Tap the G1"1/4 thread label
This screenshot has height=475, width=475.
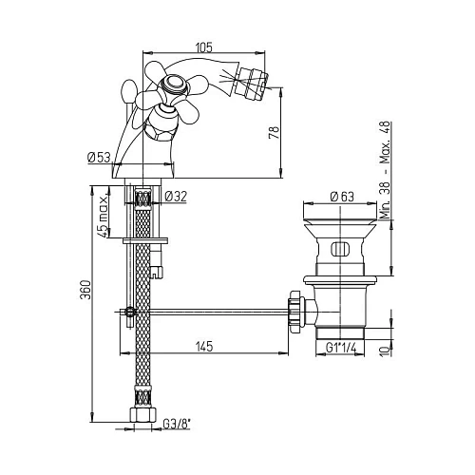tap(343, 348)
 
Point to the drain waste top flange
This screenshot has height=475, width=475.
tap(339, 208)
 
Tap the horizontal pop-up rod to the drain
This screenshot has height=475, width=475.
tap(209, 309)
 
